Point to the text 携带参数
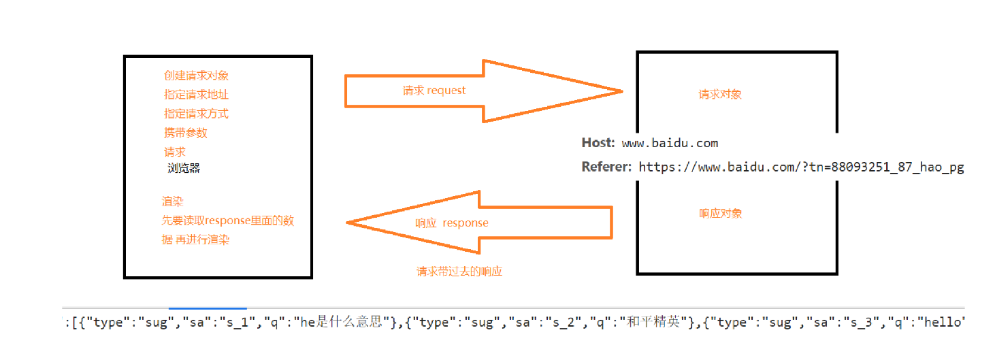click(185, 133)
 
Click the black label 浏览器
click(184, 168)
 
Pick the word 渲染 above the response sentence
click(172, 201)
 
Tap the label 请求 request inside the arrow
click(434, 91)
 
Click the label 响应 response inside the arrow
click(452, 223)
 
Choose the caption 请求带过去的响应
click(459, 272)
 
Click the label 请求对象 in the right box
click(720, 95)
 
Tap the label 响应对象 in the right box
click(721, 213)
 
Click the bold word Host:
click(598, 143)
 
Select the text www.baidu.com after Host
click(670, 143)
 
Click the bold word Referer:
click(606, 167)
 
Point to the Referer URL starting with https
click(801, 167)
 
